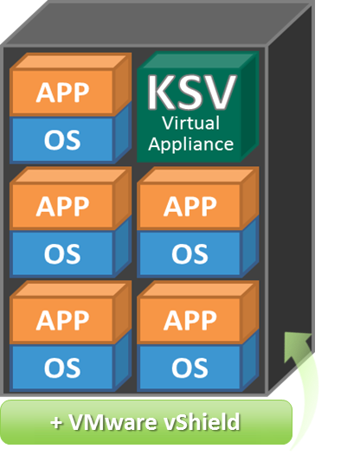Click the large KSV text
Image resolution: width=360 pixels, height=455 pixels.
[x=191, y=93]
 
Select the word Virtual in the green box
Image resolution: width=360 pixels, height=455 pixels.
[x=190, y=123]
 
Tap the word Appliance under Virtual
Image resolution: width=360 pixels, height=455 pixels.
[x=190, y=144]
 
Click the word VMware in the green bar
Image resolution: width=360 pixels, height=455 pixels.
[x=113, y=422]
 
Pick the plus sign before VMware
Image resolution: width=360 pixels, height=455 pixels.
[x=56, y=423]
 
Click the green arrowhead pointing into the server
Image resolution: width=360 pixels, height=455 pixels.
[x=297, y=346]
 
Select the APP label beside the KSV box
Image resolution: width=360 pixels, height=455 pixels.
[x=62, y=93]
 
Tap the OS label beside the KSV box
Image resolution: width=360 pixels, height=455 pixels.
[x=62, y=140]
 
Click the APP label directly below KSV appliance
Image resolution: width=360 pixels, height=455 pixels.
[x=190, y=207]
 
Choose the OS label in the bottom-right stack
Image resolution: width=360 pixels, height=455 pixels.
[x=190, y=368]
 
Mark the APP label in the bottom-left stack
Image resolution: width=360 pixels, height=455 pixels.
[x=62, y=320]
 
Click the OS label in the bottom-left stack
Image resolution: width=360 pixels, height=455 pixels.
[x=62, y=368]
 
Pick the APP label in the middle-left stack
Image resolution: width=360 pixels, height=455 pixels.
[x=62, y=207]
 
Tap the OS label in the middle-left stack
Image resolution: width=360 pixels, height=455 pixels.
[x=62, y=254]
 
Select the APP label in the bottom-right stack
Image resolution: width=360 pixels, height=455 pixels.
[x=190, y=320]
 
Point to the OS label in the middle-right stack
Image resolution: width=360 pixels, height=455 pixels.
[x=190, y=254]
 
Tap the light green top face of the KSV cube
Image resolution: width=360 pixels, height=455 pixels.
[x=197, y=60]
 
